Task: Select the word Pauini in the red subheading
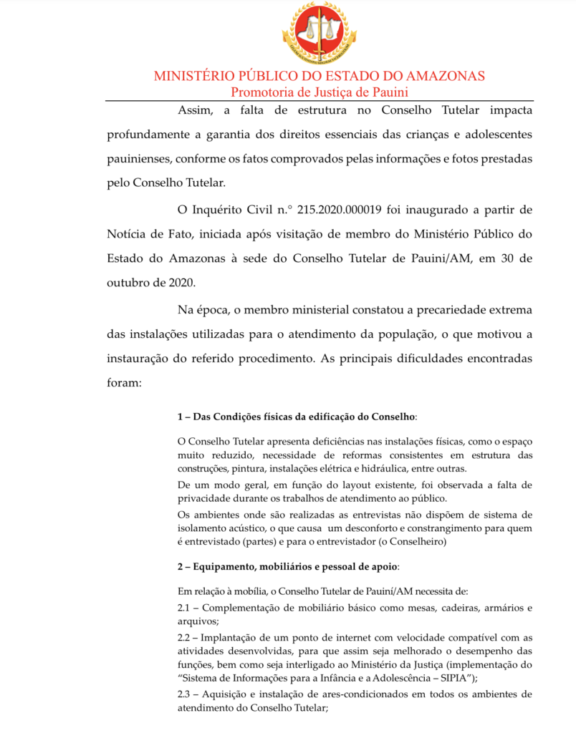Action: (x=388, y=92)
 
